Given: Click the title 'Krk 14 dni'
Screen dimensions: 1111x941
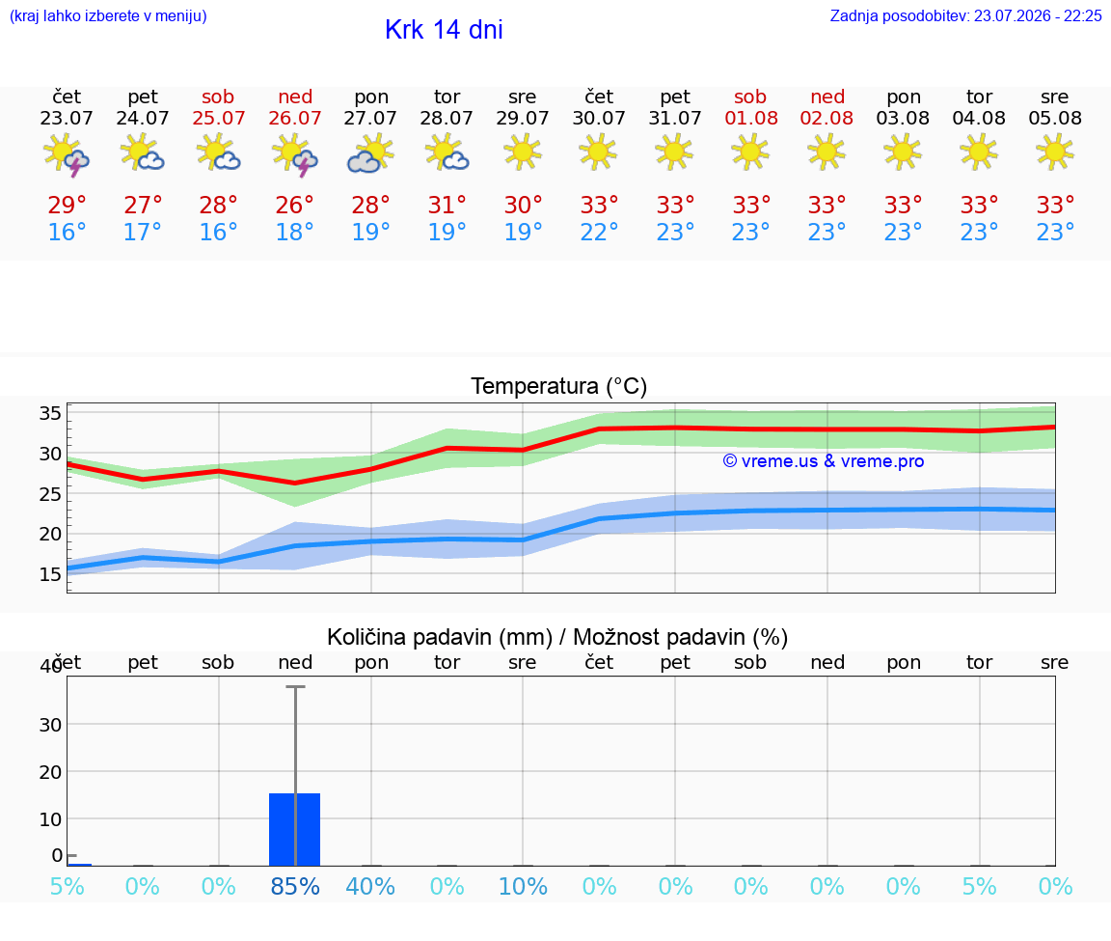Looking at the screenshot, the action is pos(444,30).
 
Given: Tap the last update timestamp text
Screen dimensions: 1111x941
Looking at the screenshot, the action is pos(965,15).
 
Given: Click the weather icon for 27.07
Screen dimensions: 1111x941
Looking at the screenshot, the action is pos(370,153).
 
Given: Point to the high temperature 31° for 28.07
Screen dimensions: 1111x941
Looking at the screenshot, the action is pos(447,205).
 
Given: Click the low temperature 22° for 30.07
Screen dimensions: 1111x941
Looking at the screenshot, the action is pos(599,232).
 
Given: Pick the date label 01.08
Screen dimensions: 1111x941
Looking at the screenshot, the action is pos(751,118).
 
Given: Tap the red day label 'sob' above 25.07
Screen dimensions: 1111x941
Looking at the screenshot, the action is pos(218,97).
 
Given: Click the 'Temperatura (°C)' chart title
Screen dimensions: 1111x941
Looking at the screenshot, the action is pos(559,386).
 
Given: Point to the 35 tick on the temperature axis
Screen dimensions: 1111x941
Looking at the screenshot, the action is pos(50,413).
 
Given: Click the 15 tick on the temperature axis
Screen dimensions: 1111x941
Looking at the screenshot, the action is pos(50,573).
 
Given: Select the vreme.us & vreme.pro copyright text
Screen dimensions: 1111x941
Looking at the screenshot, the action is pos(824,461).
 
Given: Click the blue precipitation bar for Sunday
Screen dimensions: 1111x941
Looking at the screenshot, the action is pos(295,829).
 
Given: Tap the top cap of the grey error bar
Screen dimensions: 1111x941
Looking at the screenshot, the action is pos(295,686).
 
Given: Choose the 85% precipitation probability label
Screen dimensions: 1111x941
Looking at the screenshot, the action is pos(295,886).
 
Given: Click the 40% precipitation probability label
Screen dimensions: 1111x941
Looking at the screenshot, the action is pos(370,886).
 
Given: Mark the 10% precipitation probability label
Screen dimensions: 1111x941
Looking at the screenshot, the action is pos(523,886).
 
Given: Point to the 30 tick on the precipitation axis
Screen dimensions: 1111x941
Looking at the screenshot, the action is pos(50,725).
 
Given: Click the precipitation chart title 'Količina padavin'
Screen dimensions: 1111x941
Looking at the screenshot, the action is pos(440,637).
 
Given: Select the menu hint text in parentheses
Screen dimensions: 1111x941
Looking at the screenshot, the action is pos(108,15).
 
